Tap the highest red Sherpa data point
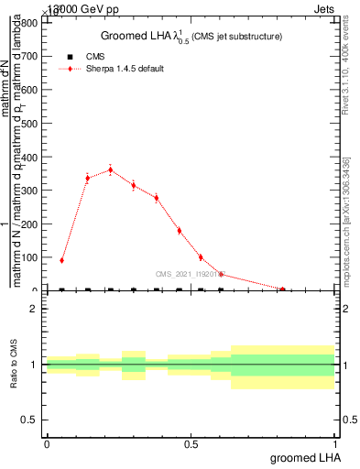click(x=111, y=169)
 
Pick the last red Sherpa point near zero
click(x=282, y=289)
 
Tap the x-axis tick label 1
click(x=336, y=445)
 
